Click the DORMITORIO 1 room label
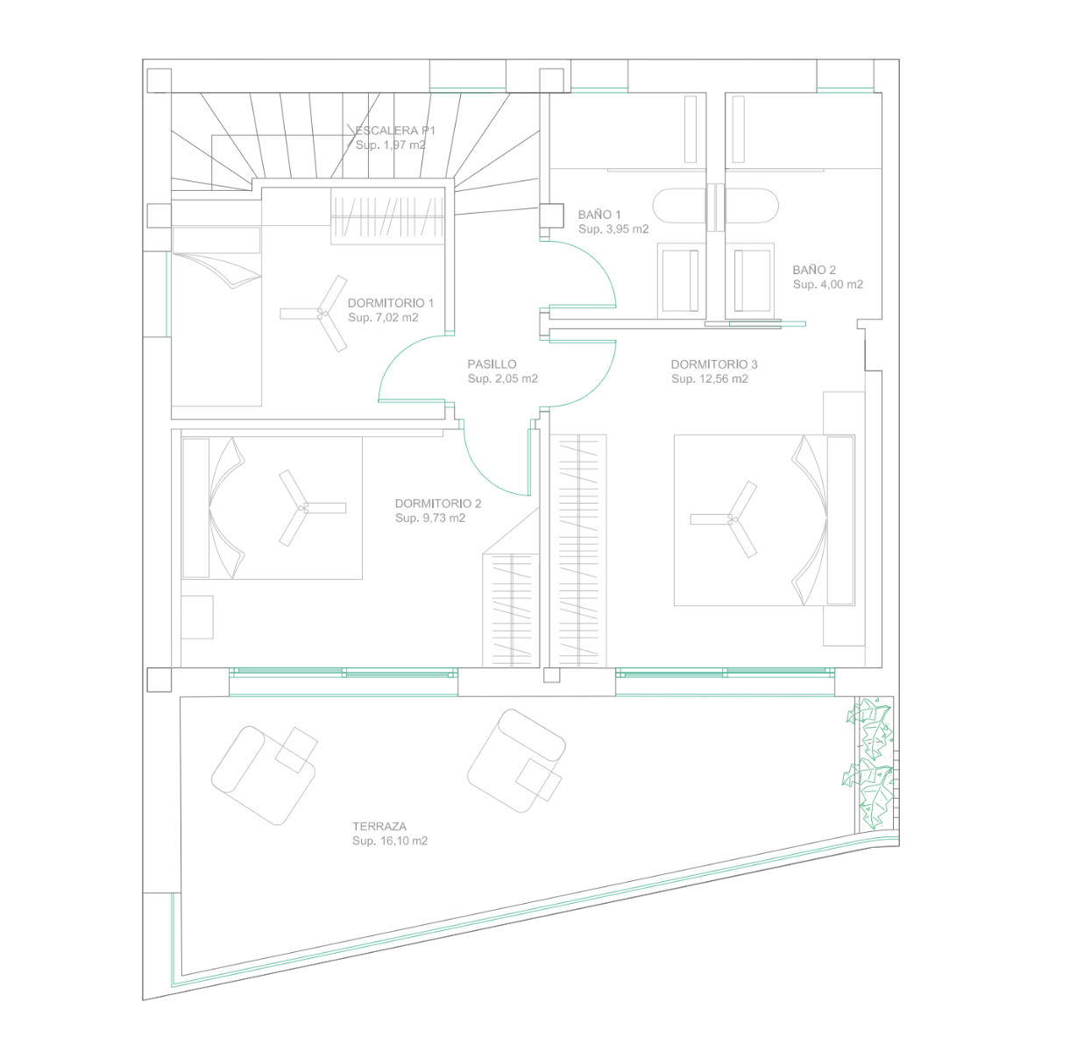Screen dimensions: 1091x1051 click(390, 303)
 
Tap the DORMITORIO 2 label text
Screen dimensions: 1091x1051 click(438, 504)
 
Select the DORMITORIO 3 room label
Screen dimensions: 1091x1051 click(713, 364)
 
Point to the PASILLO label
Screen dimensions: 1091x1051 click(492, 364)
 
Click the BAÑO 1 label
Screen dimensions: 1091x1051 click(599, 215)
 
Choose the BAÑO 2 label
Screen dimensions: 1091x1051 click(814, 270)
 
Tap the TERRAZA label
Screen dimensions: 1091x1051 click(379, 826)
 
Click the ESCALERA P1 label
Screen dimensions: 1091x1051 click(394, 130)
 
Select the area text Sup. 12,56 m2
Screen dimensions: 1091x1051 click(709, 378)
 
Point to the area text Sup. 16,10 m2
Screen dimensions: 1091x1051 click(390, 841)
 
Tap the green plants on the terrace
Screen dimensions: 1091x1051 click(868, 763)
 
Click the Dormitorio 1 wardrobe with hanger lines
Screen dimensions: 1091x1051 click(387, 216)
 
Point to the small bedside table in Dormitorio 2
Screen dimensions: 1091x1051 click(197, 617)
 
